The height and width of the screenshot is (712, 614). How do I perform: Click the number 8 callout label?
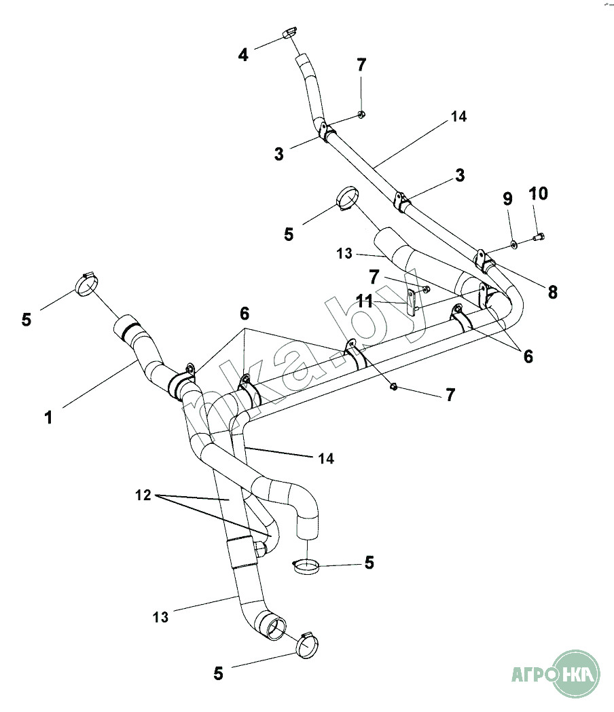tap(552, 292)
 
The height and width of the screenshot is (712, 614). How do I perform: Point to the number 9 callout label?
tap(507, 199)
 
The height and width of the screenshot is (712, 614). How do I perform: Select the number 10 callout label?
tap(538, 193)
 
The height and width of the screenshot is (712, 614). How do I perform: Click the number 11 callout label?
tap(365, 301)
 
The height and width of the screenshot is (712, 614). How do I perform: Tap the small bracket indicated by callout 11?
tap(412, 299)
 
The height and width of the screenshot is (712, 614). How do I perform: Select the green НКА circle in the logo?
tap(578, 673)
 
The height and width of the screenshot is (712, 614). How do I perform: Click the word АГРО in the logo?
tap(531, 675)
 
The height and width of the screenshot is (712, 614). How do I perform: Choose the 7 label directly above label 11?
tap(373, 277)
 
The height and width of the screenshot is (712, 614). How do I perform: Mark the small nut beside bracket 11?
tap(426, 289)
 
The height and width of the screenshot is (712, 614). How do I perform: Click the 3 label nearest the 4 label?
tap(279, 153)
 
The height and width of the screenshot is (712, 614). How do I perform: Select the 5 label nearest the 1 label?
tap(26, 319)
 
